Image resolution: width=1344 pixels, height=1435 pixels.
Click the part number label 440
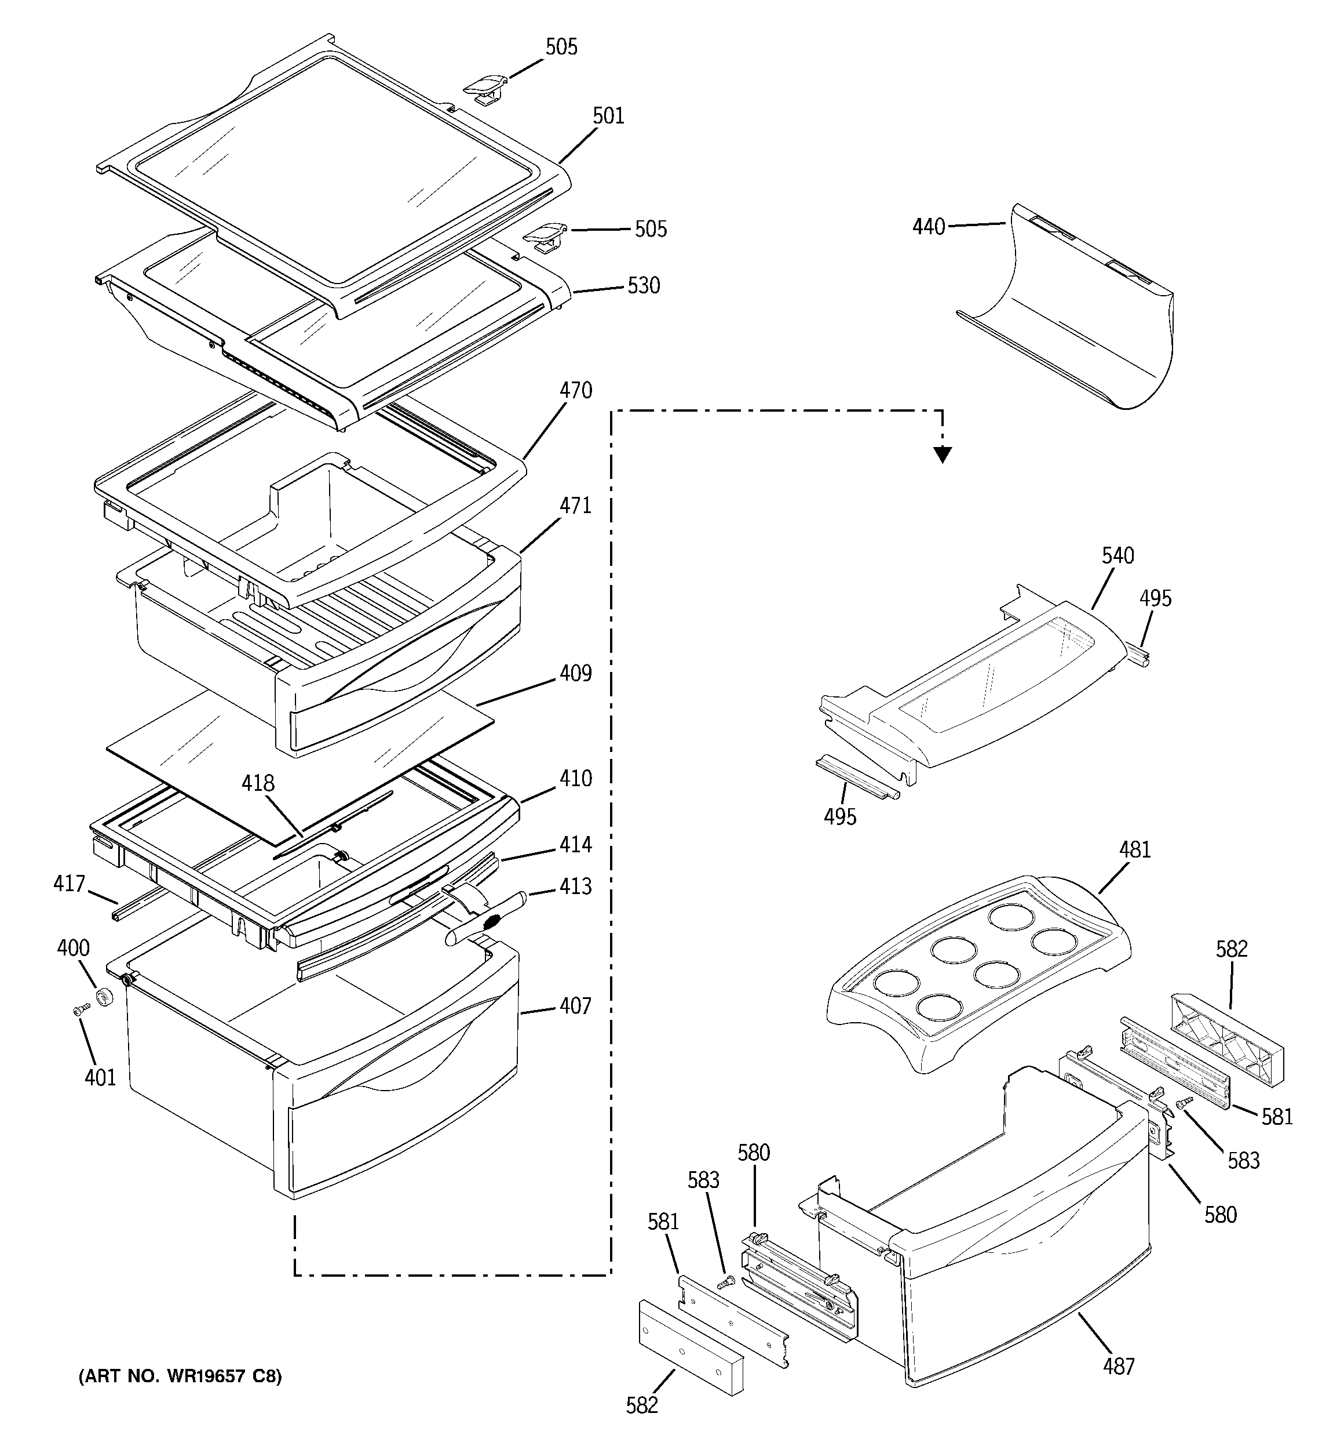point(929,227)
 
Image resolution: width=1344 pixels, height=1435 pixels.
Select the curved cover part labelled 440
point(1082,318)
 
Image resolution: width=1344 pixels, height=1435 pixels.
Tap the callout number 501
point(608,115)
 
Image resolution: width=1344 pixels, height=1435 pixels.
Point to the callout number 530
point(644,286)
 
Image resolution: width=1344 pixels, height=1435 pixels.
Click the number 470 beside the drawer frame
point(576,391)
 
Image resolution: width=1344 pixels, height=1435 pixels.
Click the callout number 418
point(258,783)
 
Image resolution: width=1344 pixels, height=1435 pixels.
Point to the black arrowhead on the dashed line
point(942,454)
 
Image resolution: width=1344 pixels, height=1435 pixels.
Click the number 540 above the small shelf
point(1118,556)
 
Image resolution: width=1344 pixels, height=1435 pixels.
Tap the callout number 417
point(70,884)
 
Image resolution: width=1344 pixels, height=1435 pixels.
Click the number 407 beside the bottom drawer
point(576,1005)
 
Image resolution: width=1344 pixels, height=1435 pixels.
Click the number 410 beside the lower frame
point(576,778)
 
